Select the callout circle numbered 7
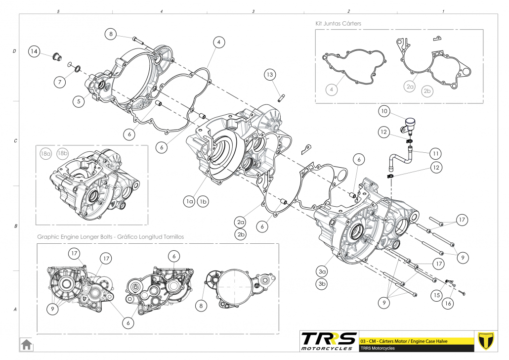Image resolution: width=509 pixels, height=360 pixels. click(x=59, y=82)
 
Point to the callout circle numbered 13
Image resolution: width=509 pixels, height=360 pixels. click(x=269, y=75)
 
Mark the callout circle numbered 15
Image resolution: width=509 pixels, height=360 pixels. click(x=435, y=295)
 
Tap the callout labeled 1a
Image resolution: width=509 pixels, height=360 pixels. click(x=189, y=201)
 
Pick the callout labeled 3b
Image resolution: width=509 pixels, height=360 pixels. click(x=322, y=284)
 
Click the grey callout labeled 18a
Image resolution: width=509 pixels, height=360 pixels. click(x=46, y=154)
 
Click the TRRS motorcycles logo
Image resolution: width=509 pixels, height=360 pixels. click(x=329, y=341)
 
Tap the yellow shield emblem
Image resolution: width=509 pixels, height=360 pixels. click(x=487, y=340)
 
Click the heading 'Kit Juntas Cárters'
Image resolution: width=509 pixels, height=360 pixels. click(x=341, y=23)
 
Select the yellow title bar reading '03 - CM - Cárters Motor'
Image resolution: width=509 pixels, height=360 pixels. click(x=416, y=341)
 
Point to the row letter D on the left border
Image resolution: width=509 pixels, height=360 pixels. click(x=14, y=51)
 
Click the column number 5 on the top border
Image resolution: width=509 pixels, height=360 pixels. click(x=58, y=11)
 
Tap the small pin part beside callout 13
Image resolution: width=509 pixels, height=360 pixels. click(x=281, y=96)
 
